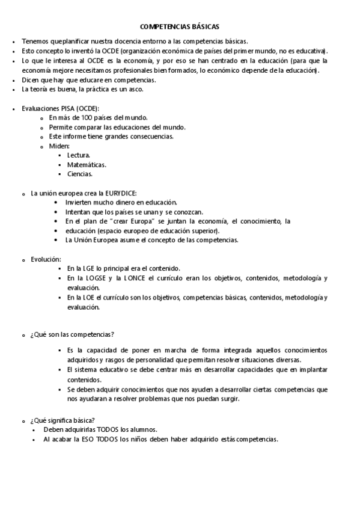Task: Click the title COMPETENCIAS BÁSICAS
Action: (x=180, y=27)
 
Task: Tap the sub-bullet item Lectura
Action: (x=79, y=155)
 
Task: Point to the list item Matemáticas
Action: (x=87, y=165)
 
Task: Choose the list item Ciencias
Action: (x=80, y=174)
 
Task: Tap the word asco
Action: (x=136, y=90)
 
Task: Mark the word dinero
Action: (x=119, y=203)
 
